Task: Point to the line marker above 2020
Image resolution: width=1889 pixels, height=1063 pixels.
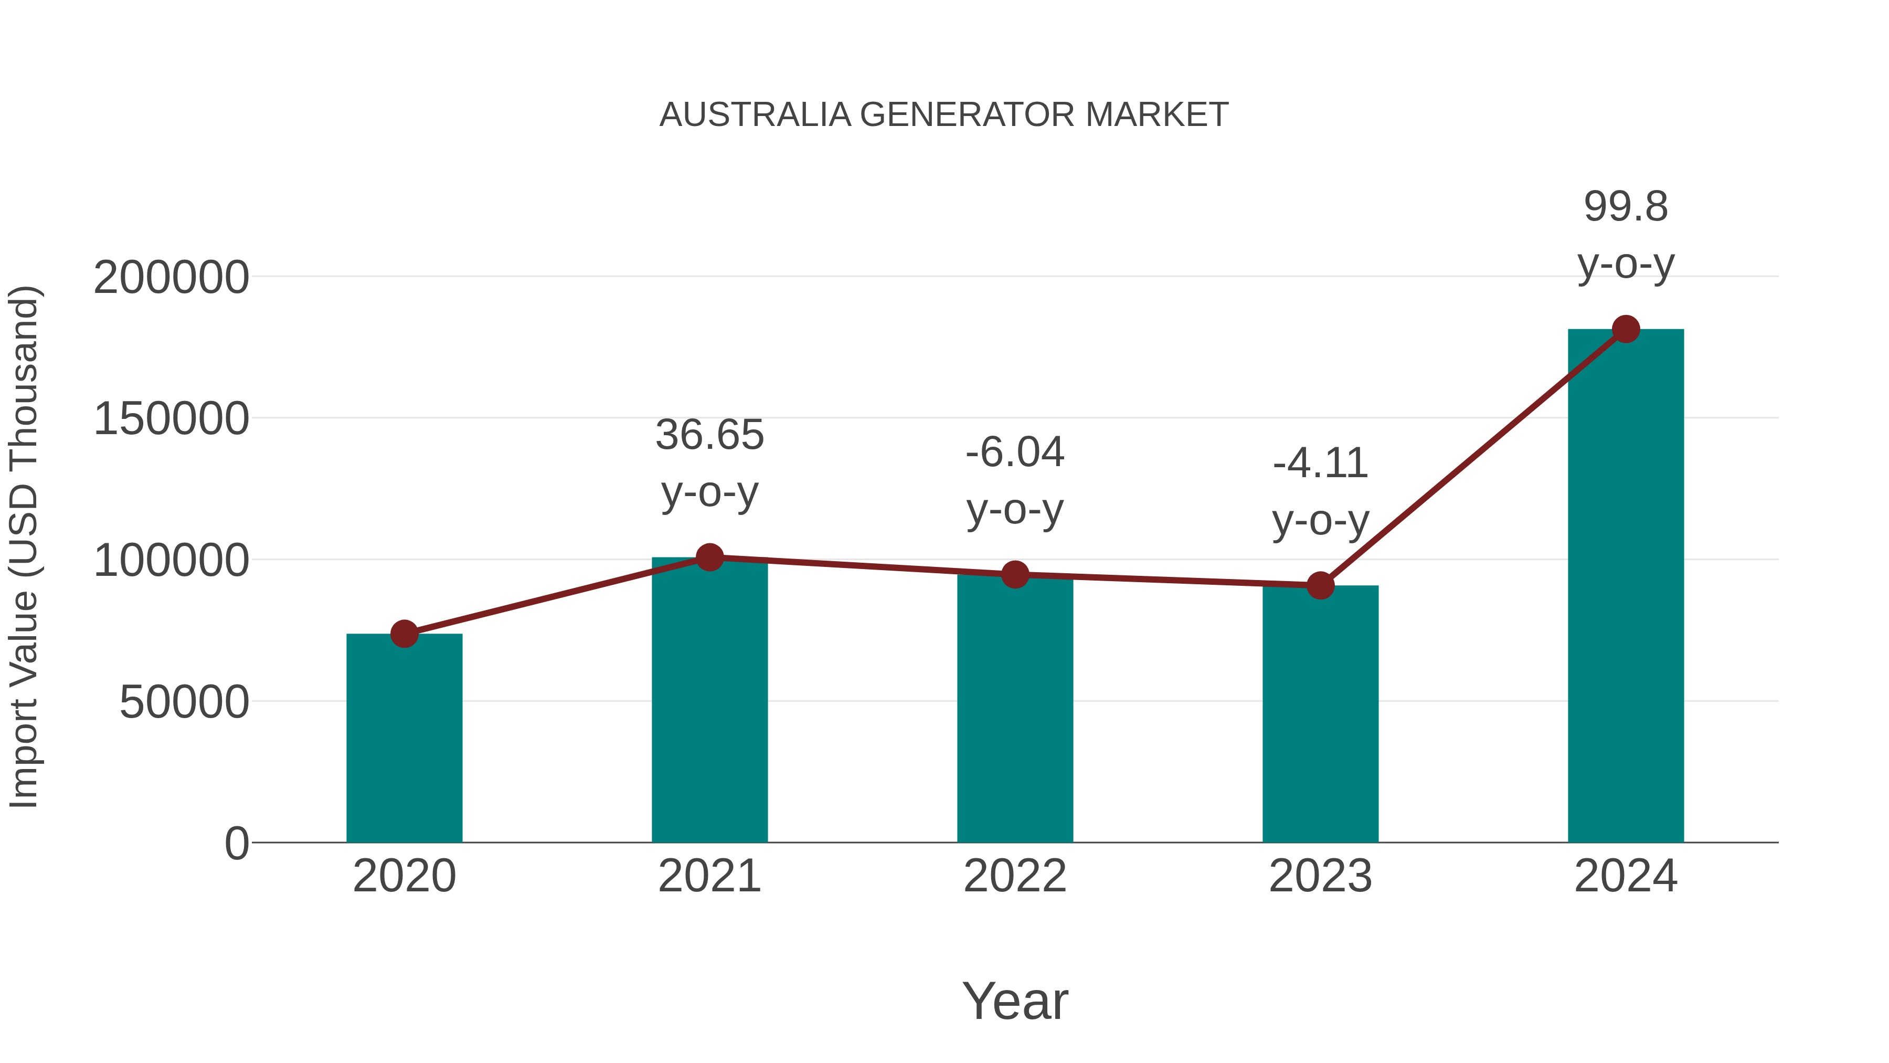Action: point(404,634)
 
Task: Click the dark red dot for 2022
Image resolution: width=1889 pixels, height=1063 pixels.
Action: point(1014,575)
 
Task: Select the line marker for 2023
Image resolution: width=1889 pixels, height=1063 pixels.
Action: point(1320,585)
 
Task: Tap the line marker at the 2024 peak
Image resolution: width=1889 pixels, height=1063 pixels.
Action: point(1626,329)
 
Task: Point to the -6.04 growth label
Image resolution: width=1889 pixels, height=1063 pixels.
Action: point(1014,452)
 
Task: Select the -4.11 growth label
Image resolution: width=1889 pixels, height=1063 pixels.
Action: point(1320,464)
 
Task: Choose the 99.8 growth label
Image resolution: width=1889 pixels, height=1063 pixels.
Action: point(1626,207)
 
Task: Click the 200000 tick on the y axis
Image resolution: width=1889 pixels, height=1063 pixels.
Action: point(171,278)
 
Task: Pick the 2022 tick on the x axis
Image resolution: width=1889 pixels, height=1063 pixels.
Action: point(1014,876)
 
